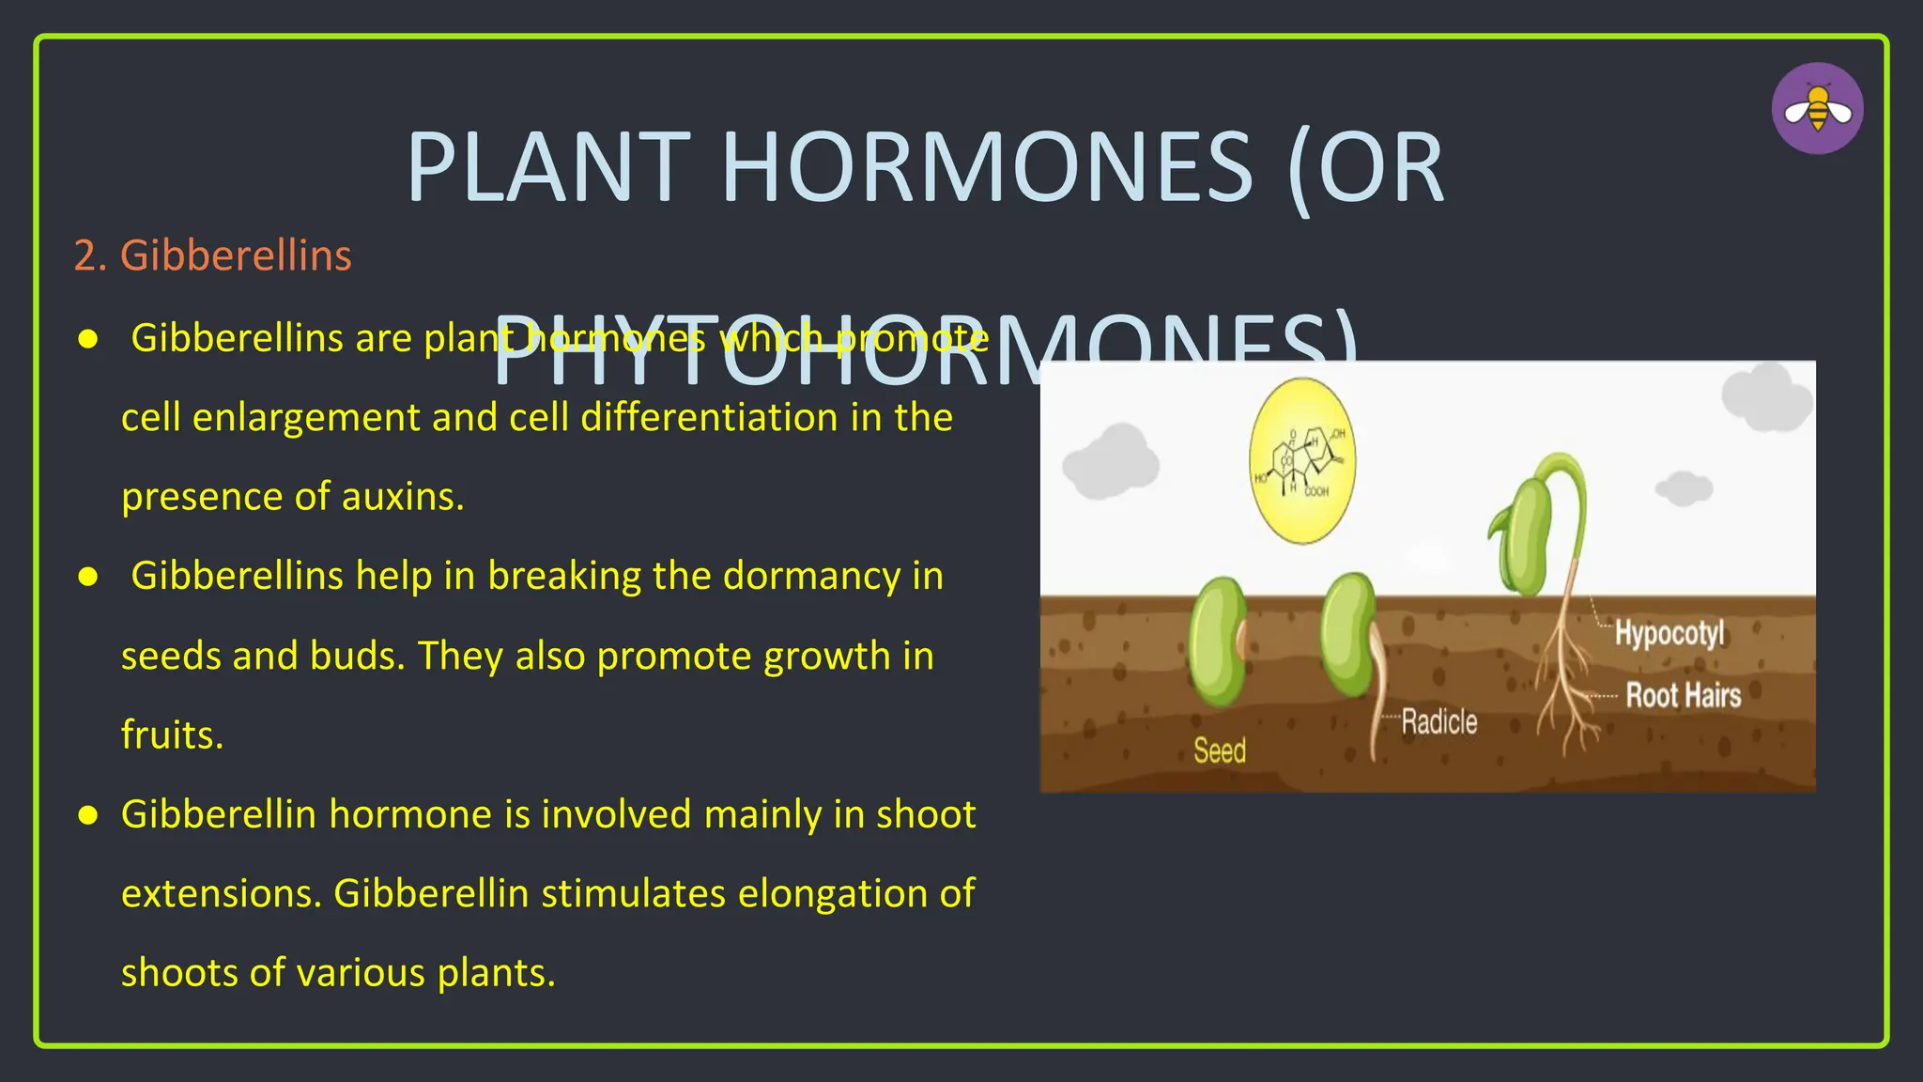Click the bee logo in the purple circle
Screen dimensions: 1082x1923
1817,109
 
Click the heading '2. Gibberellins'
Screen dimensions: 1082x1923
213,255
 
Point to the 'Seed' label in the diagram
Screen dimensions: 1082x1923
1219,750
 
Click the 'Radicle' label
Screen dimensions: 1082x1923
1438,722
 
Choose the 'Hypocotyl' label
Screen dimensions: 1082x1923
1669,633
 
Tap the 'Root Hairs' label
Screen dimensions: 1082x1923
1683,696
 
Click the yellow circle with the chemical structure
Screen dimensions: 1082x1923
1301,461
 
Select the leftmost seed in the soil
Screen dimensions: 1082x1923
1217,641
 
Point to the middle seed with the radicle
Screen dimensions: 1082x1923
1348,635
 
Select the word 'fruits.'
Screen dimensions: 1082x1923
173,734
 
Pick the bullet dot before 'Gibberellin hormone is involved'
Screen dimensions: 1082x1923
88,815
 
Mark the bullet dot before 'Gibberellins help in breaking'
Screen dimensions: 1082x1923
88,577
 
